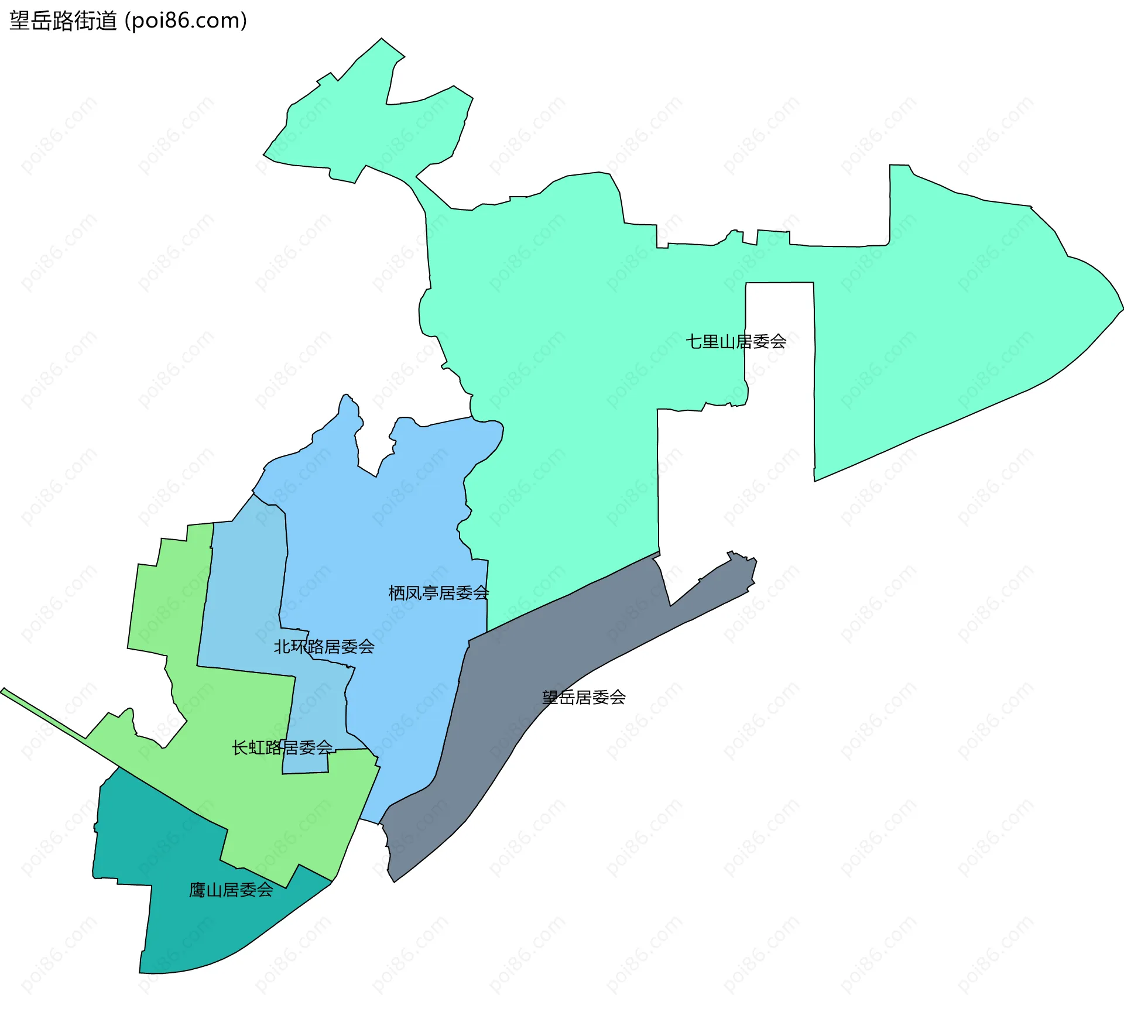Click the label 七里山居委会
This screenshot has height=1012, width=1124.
(736, 341)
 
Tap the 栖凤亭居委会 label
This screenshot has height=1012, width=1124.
(438, 593)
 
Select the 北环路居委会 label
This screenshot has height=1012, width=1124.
(324, 647)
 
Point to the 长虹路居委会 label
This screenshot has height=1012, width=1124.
(282, 747)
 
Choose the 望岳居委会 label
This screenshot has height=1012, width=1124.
(584, 697)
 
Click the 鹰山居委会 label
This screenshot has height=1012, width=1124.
(231, 890)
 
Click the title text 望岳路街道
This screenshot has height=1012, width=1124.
(63, 21)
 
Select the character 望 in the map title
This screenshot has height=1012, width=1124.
(19, 21)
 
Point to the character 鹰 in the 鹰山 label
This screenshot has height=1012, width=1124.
(197, 890)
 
